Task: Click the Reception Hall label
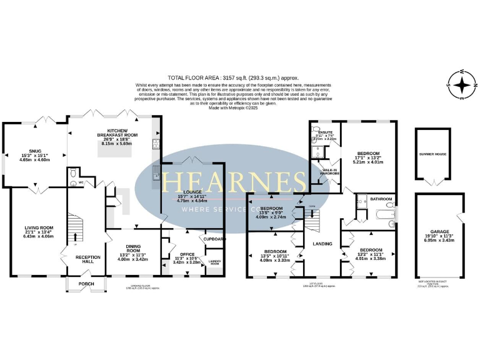pos(87,259)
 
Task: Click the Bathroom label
pos(380,199)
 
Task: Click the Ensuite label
pos(325,132)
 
